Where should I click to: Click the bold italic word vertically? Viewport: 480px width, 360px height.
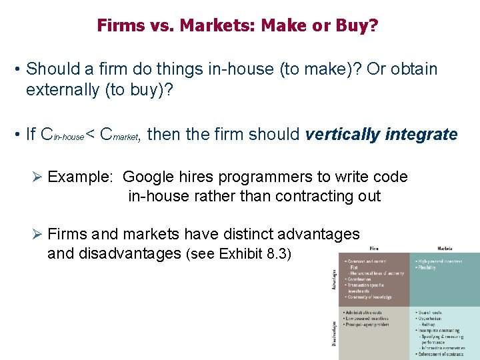(341, 134)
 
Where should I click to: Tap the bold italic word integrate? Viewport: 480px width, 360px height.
(420, 134)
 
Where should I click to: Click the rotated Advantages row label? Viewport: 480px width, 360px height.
(335, 279)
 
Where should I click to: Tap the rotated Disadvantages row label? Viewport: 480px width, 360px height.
(335, 333)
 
